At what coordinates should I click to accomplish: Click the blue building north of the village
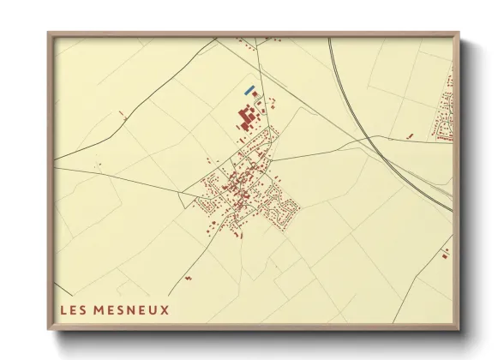click(249, 90)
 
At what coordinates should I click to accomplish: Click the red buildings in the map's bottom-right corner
click(445, 252)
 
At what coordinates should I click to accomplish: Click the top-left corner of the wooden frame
click(48, 33)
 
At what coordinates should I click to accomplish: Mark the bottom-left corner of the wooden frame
click(48, 331)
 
